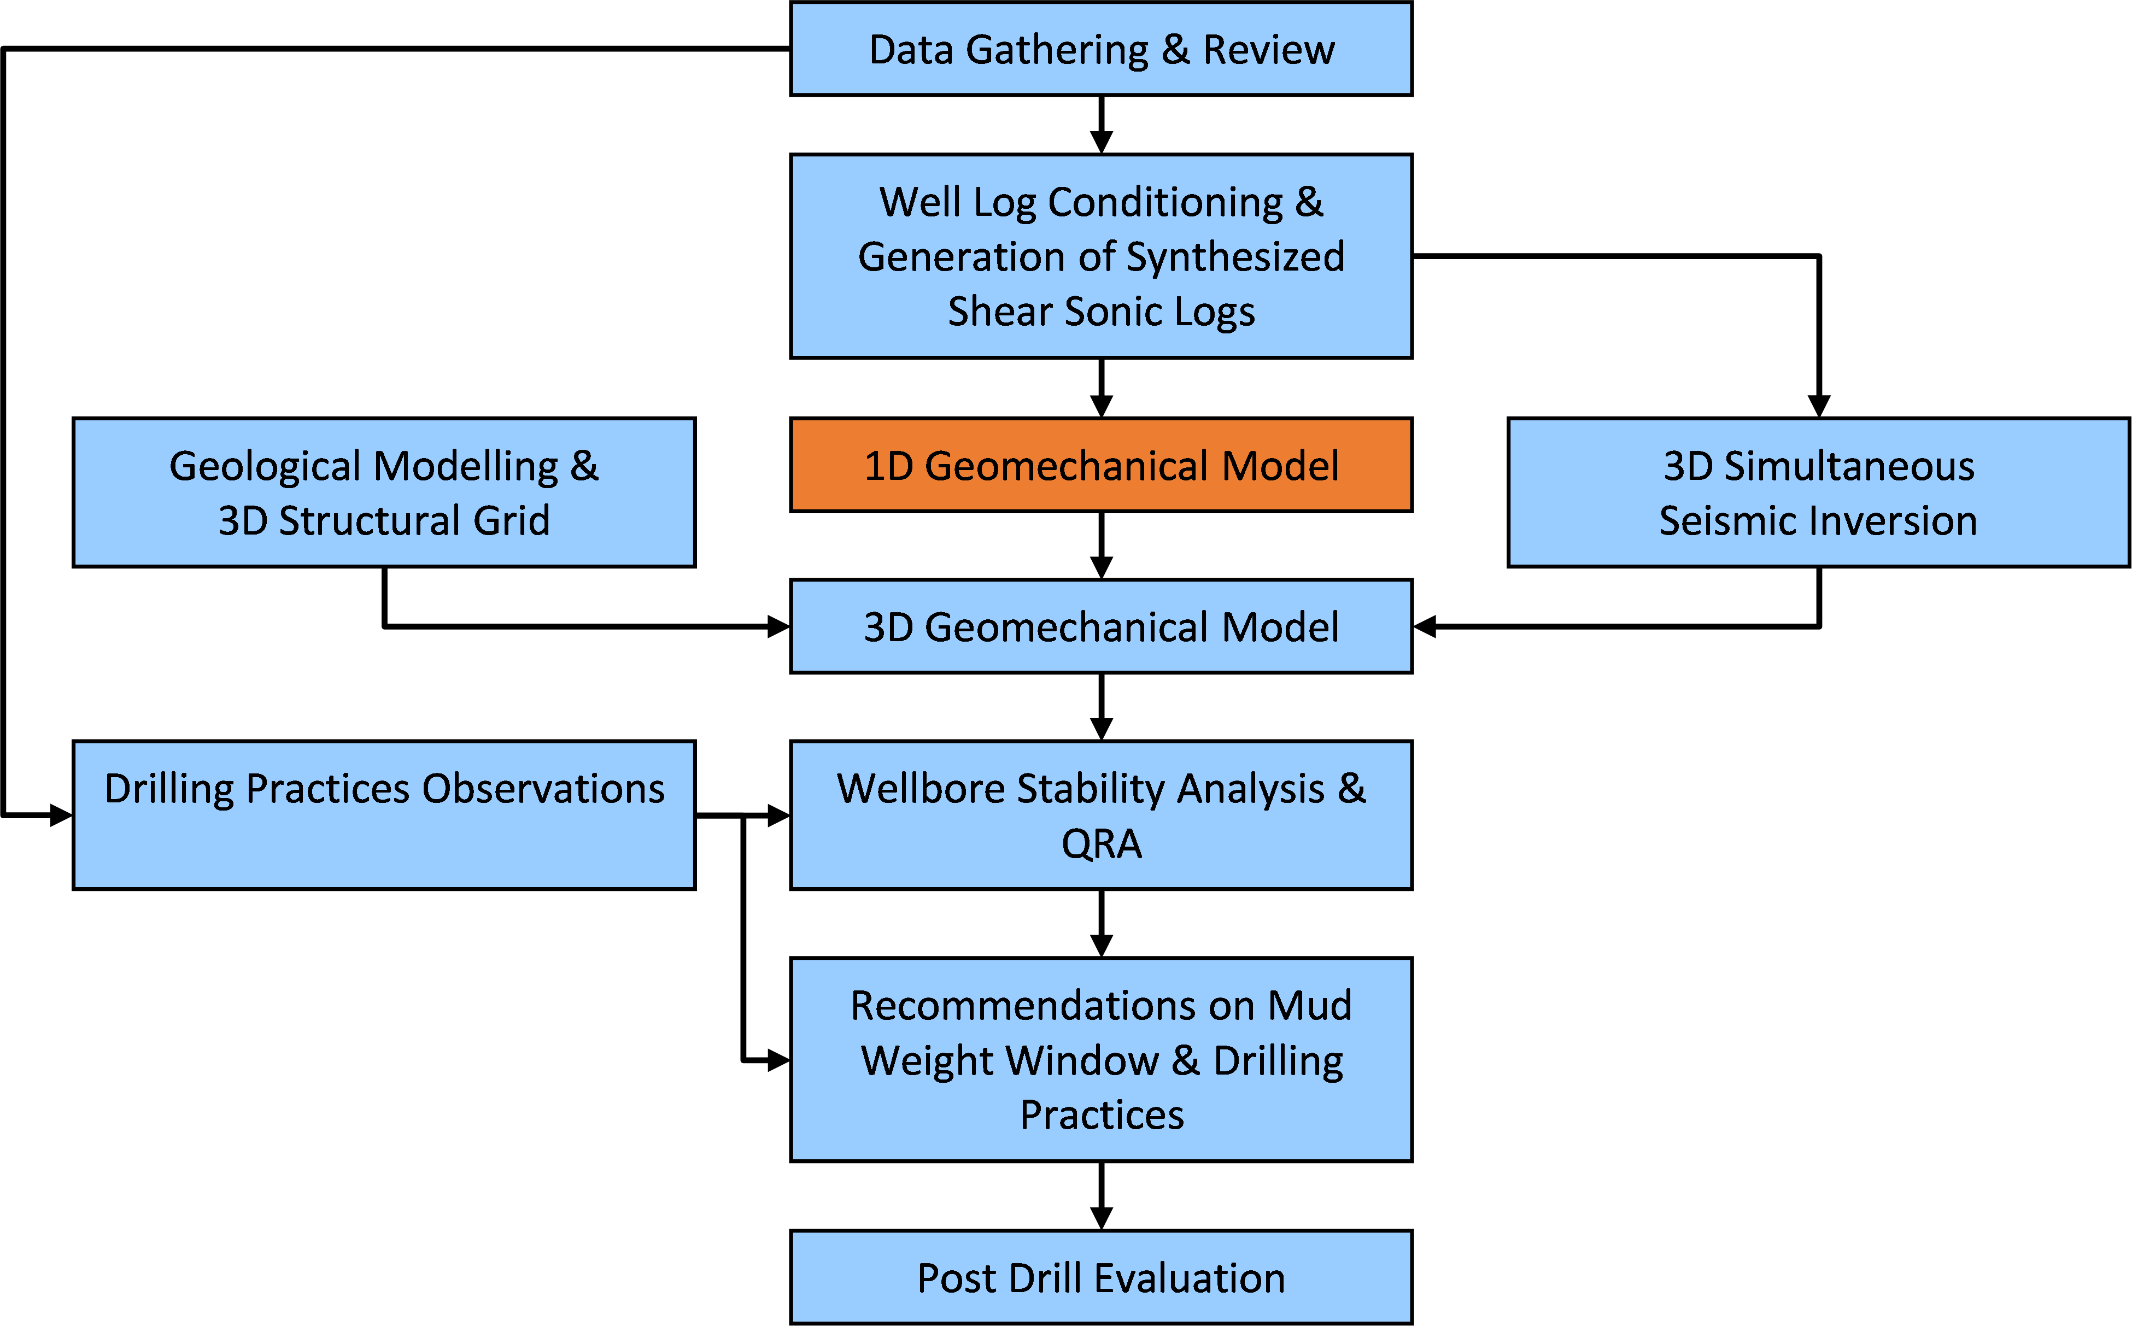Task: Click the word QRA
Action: pos(1101,844)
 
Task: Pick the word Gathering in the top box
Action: pos(1057,50)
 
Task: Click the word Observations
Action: pos(543,789)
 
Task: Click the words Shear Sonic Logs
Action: pos(1100,312)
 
